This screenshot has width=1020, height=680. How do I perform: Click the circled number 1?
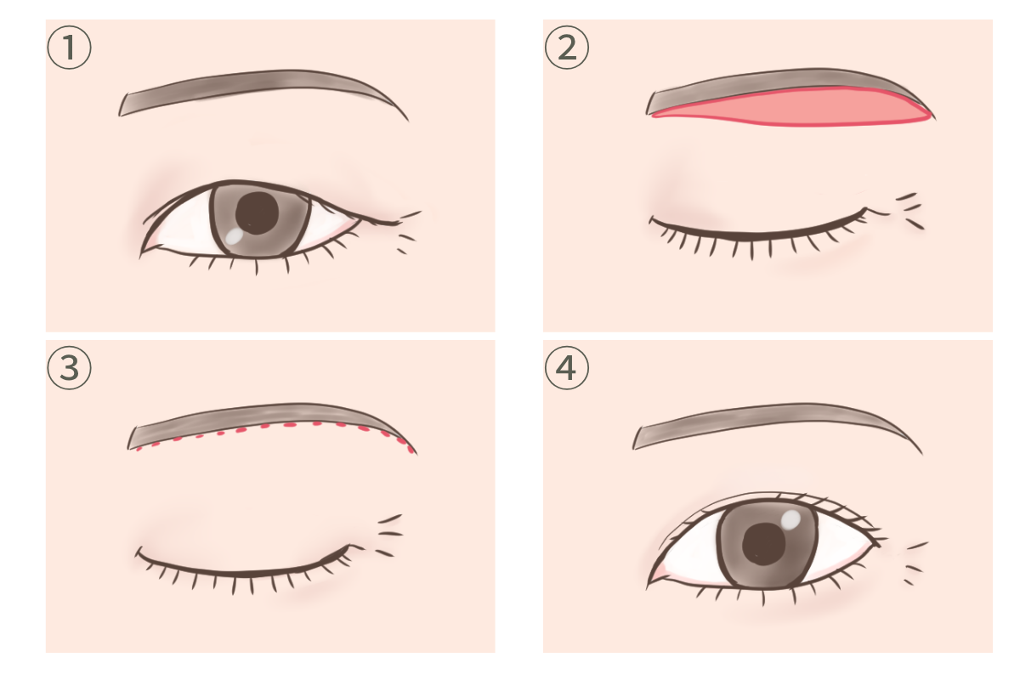(69, 48)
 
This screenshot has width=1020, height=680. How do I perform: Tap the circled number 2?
(567, 48)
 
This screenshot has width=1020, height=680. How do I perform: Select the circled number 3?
(69, 367)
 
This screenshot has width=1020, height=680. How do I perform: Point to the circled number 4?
(567, 367)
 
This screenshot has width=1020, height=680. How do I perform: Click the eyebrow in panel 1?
(255, 88)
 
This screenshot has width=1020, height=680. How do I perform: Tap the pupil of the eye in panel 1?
(257, 212)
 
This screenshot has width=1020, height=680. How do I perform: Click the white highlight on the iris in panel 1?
(235, 235)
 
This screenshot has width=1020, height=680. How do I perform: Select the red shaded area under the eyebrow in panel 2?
(792, 109)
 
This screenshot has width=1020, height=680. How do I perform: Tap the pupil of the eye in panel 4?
(764, 544)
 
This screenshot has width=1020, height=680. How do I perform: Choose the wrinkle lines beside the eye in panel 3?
(390, 535)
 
